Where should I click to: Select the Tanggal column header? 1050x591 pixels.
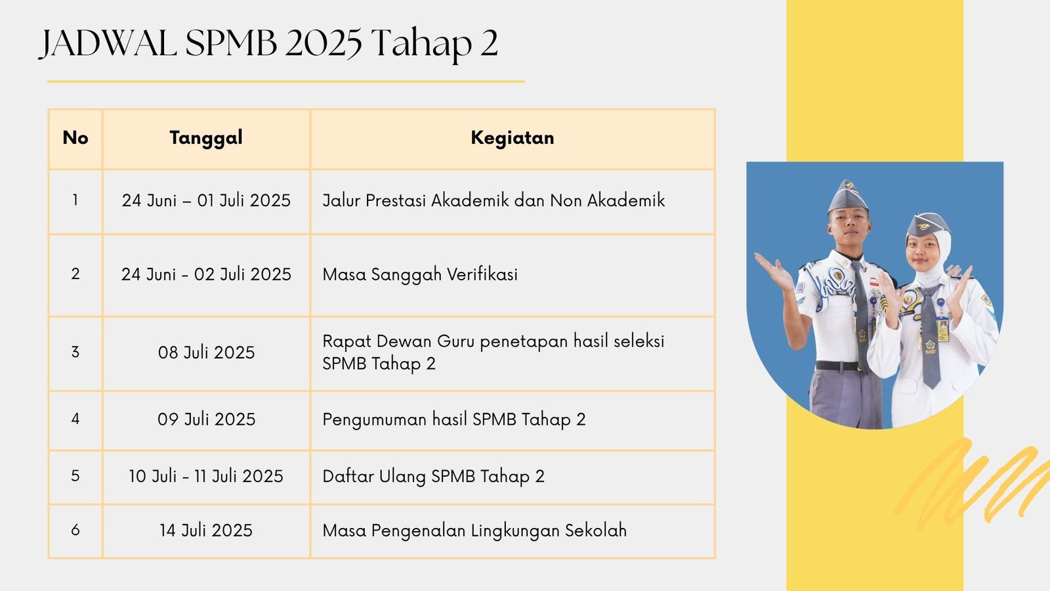tap(206, 138)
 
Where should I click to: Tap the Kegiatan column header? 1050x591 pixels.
tap(513, 138)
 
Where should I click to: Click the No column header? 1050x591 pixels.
tap(75, 138)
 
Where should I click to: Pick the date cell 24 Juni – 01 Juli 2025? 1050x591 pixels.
tap(206, 201)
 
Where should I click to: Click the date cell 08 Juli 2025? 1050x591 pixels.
tap(206, 352)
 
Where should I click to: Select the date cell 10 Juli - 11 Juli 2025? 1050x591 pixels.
tap(206, 477)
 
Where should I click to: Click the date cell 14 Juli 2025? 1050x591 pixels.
tap(206, 531)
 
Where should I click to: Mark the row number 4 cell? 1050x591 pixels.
tap(75, 419)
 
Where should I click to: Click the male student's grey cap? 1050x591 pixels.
tap(847, 197)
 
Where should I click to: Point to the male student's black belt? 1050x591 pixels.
tap(839, 366)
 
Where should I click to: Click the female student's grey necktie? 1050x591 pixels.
tap(931, 338)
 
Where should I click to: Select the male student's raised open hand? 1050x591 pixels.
tap(774, 271)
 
